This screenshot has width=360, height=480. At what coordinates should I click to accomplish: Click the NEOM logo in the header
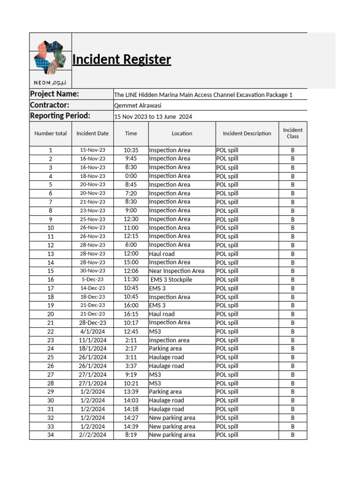[x=51, y=60]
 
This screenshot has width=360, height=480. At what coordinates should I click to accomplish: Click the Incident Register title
[x=121, y=60]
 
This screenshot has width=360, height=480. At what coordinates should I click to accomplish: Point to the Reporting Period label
[x=60, y=116]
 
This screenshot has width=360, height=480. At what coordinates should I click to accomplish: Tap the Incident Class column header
[x=292, y=133]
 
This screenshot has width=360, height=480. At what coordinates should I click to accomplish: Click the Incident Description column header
[x=247, y=133]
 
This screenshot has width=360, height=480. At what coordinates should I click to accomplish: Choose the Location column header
[x=182, y=133]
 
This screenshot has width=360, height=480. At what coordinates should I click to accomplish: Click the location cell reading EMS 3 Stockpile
[x=171, y=280]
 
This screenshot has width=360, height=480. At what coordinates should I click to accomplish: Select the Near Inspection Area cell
[x=177, y=271]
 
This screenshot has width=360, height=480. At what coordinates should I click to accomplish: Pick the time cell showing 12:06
[x=131, y=271]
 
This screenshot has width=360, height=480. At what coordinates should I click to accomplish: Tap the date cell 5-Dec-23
[x=92, y=280]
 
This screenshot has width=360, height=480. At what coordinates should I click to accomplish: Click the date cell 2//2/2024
[x=92, y=435]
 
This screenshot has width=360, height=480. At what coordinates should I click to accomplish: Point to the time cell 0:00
[x=131, y=176]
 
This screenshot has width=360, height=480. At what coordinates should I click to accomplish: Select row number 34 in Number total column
[x=51, y=435]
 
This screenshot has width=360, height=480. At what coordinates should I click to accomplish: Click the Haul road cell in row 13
[x=162, y=254]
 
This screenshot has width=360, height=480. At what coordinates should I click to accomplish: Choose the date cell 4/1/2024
[x=92, y=331]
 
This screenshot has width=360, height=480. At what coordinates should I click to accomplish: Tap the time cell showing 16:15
[x=131, y=314]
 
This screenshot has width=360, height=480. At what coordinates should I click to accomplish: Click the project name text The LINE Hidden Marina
[x=203, y=95]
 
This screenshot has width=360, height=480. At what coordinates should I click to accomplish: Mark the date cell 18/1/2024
[x=92, y=349]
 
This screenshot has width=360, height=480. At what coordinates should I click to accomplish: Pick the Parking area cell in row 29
[x=165, y=392]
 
